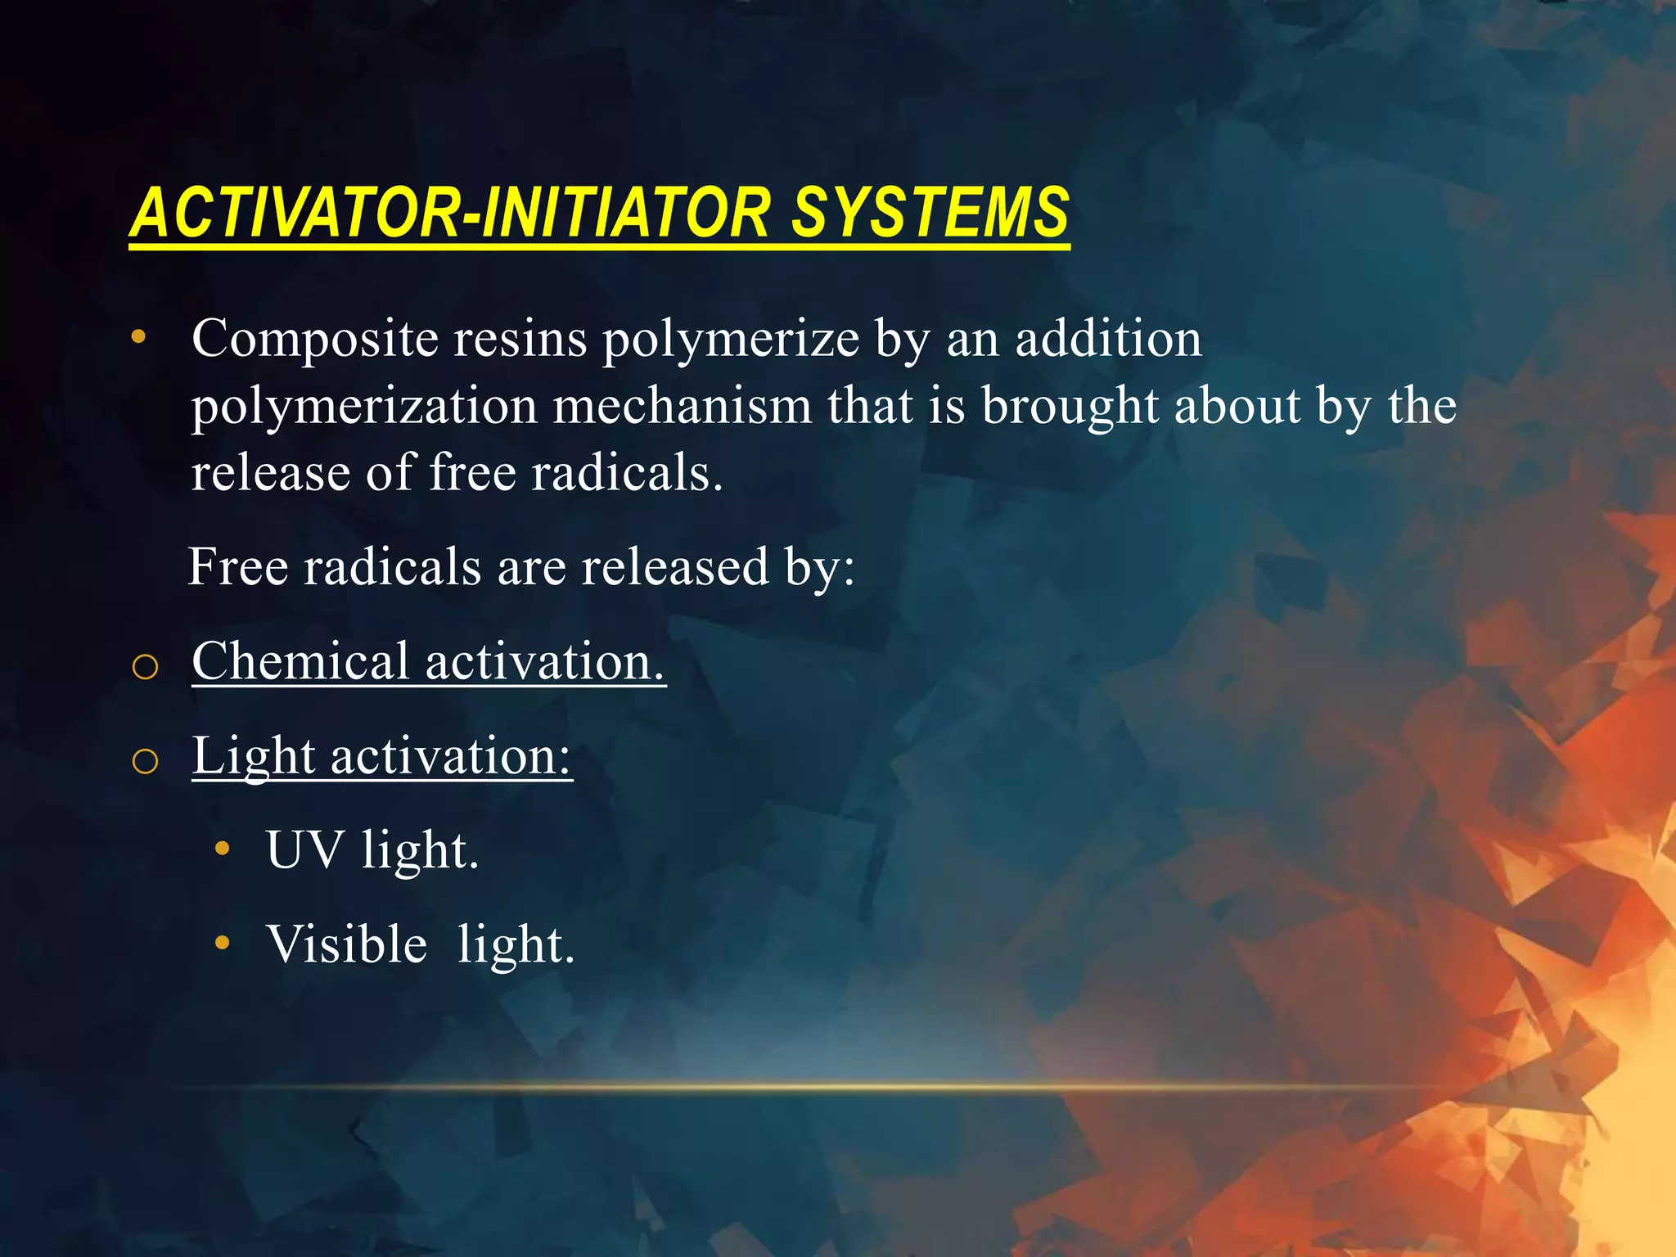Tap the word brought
pos(1070,407)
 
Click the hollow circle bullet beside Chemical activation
pos(145,667)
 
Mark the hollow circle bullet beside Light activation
pos(145,762)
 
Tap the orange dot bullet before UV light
pos(222,849)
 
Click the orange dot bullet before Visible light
pos(222,944)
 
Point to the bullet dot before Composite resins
pos(139,336)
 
